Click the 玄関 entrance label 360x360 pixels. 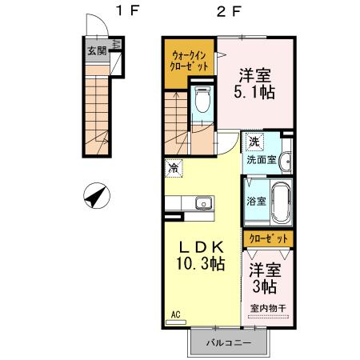coord(96,50)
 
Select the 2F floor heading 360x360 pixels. coord(229,10)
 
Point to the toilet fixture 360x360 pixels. coord(202,101)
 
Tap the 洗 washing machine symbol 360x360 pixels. coord(254,142)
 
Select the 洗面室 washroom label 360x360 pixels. coord(261,159)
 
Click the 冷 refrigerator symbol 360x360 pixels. coord(174,168)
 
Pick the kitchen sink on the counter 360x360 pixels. coord(202,203)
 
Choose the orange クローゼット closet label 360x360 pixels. coord(267,238)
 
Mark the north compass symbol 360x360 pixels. coord(97,195)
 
